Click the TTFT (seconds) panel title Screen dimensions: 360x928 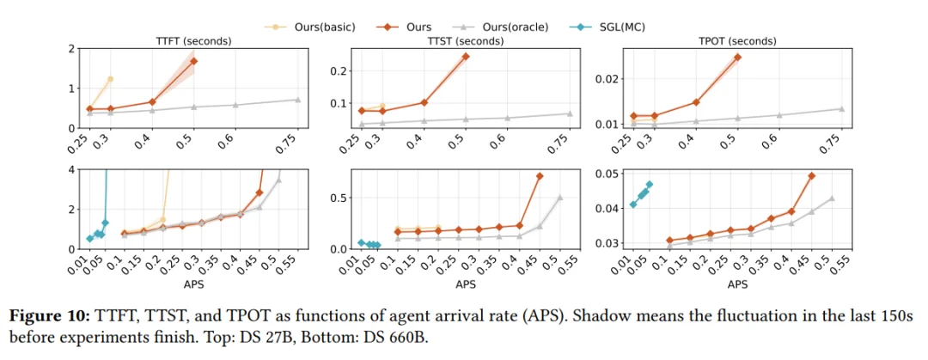point(194,40)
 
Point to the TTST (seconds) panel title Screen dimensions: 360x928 point(465,40)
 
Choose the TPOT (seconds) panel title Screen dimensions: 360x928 point(737,40)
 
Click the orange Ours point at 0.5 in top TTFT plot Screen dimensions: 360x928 point(193,61)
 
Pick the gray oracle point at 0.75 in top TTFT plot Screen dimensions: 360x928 point(297,100)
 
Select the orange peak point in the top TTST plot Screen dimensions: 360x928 point(465,57)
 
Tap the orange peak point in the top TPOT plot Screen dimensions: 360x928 point(737,58)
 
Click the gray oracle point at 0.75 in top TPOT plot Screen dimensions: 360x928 point(841,108)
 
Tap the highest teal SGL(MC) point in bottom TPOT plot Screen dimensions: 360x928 point(649,184)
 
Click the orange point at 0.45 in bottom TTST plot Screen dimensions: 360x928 point(540,176)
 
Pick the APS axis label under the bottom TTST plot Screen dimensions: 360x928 point(465,284)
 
